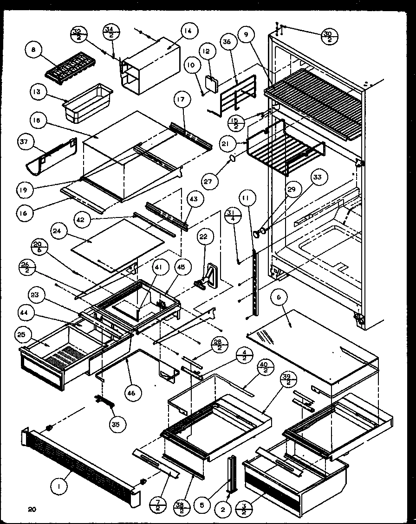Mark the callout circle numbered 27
pyautogui.click(x=208, y=181)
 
